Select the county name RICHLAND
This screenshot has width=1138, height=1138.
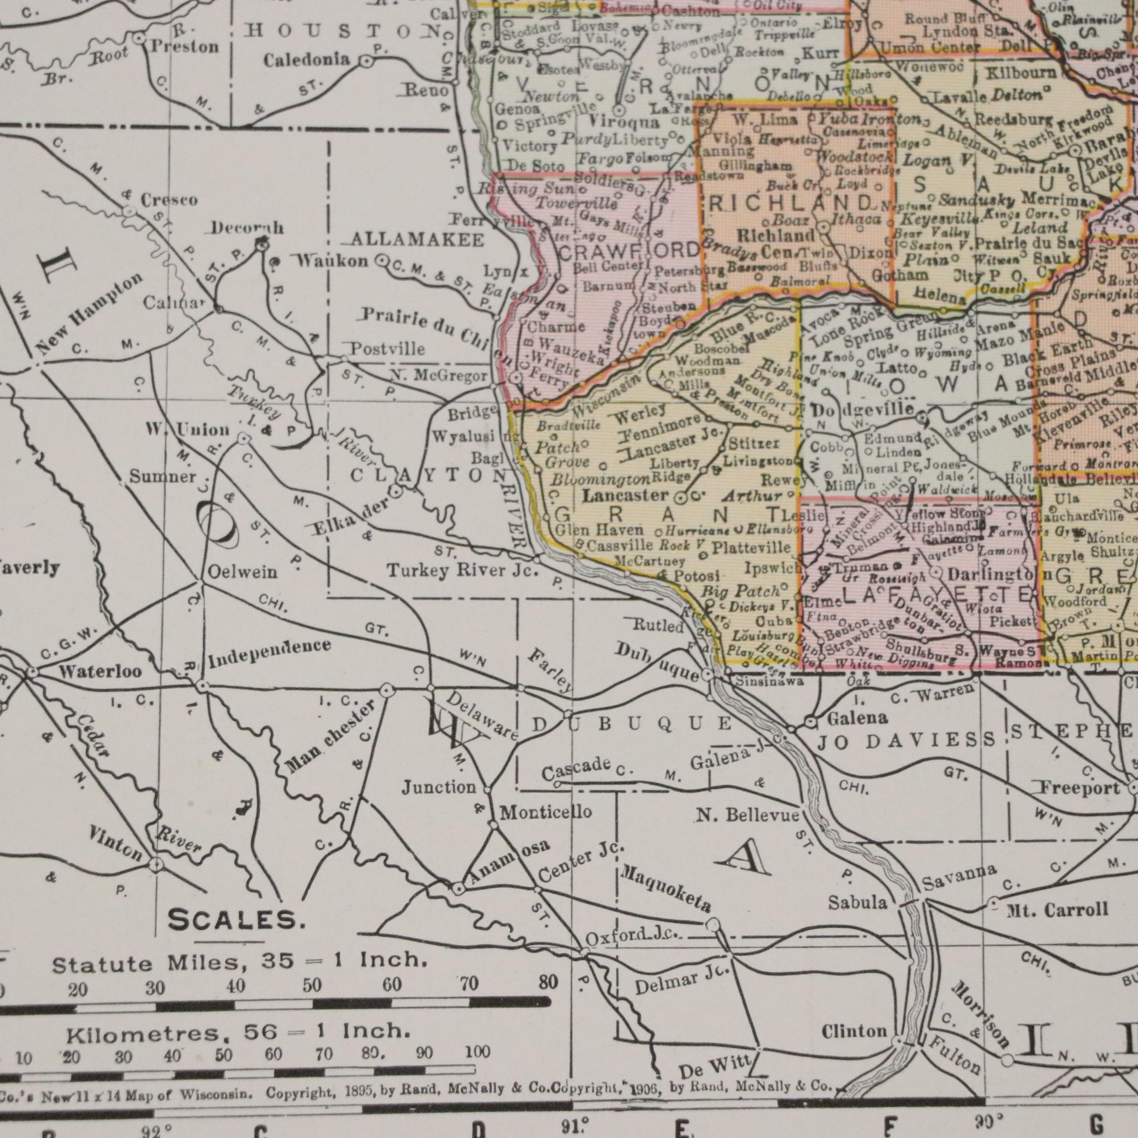[789, 204]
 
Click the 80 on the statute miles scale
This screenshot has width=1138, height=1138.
[548, 982]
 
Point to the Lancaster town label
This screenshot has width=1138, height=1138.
[626, 495]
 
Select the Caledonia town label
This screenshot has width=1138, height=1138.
[306, 60]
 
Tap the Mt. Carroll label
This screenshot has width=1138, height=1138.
[1057, 910]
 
